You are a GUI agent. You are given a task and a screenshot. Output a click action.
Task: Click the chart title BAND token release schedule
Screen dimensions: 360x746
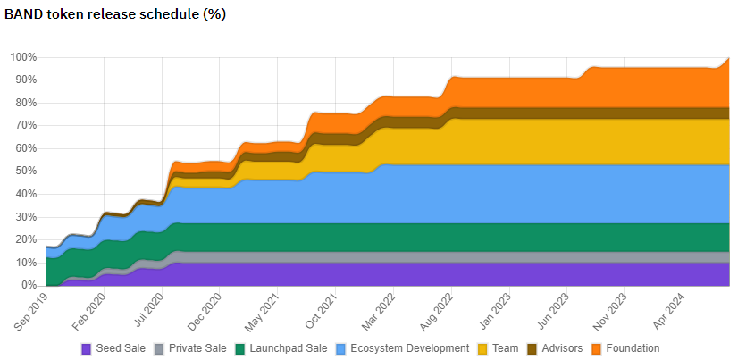115,15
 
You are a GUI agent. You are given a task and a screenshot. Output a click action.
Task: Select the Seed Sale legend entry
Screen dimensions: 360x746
120,348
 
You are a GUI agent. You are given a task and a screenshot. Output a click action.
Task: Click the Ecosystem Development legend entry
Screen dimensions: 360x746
409,348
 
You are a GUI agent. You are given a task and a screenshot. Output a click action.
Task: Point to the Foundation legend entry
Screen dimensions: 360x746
632,348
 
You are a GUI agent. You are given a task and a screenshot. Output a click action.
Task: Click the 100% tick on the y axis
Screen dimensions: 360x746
24,57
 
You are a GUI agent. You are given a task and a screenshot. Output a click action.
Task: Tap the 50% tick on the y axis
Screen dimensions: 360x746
27,172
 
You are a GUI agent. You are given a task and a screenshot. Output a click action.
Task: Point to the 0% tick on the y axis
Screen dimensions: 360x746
29,285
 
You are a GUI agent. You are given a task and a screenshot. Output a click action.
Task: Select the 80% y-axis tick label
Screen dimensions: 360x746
27,103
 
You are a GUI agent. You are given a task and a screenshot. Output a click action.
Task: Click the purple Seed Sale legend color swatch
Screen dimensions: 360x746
86,348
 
